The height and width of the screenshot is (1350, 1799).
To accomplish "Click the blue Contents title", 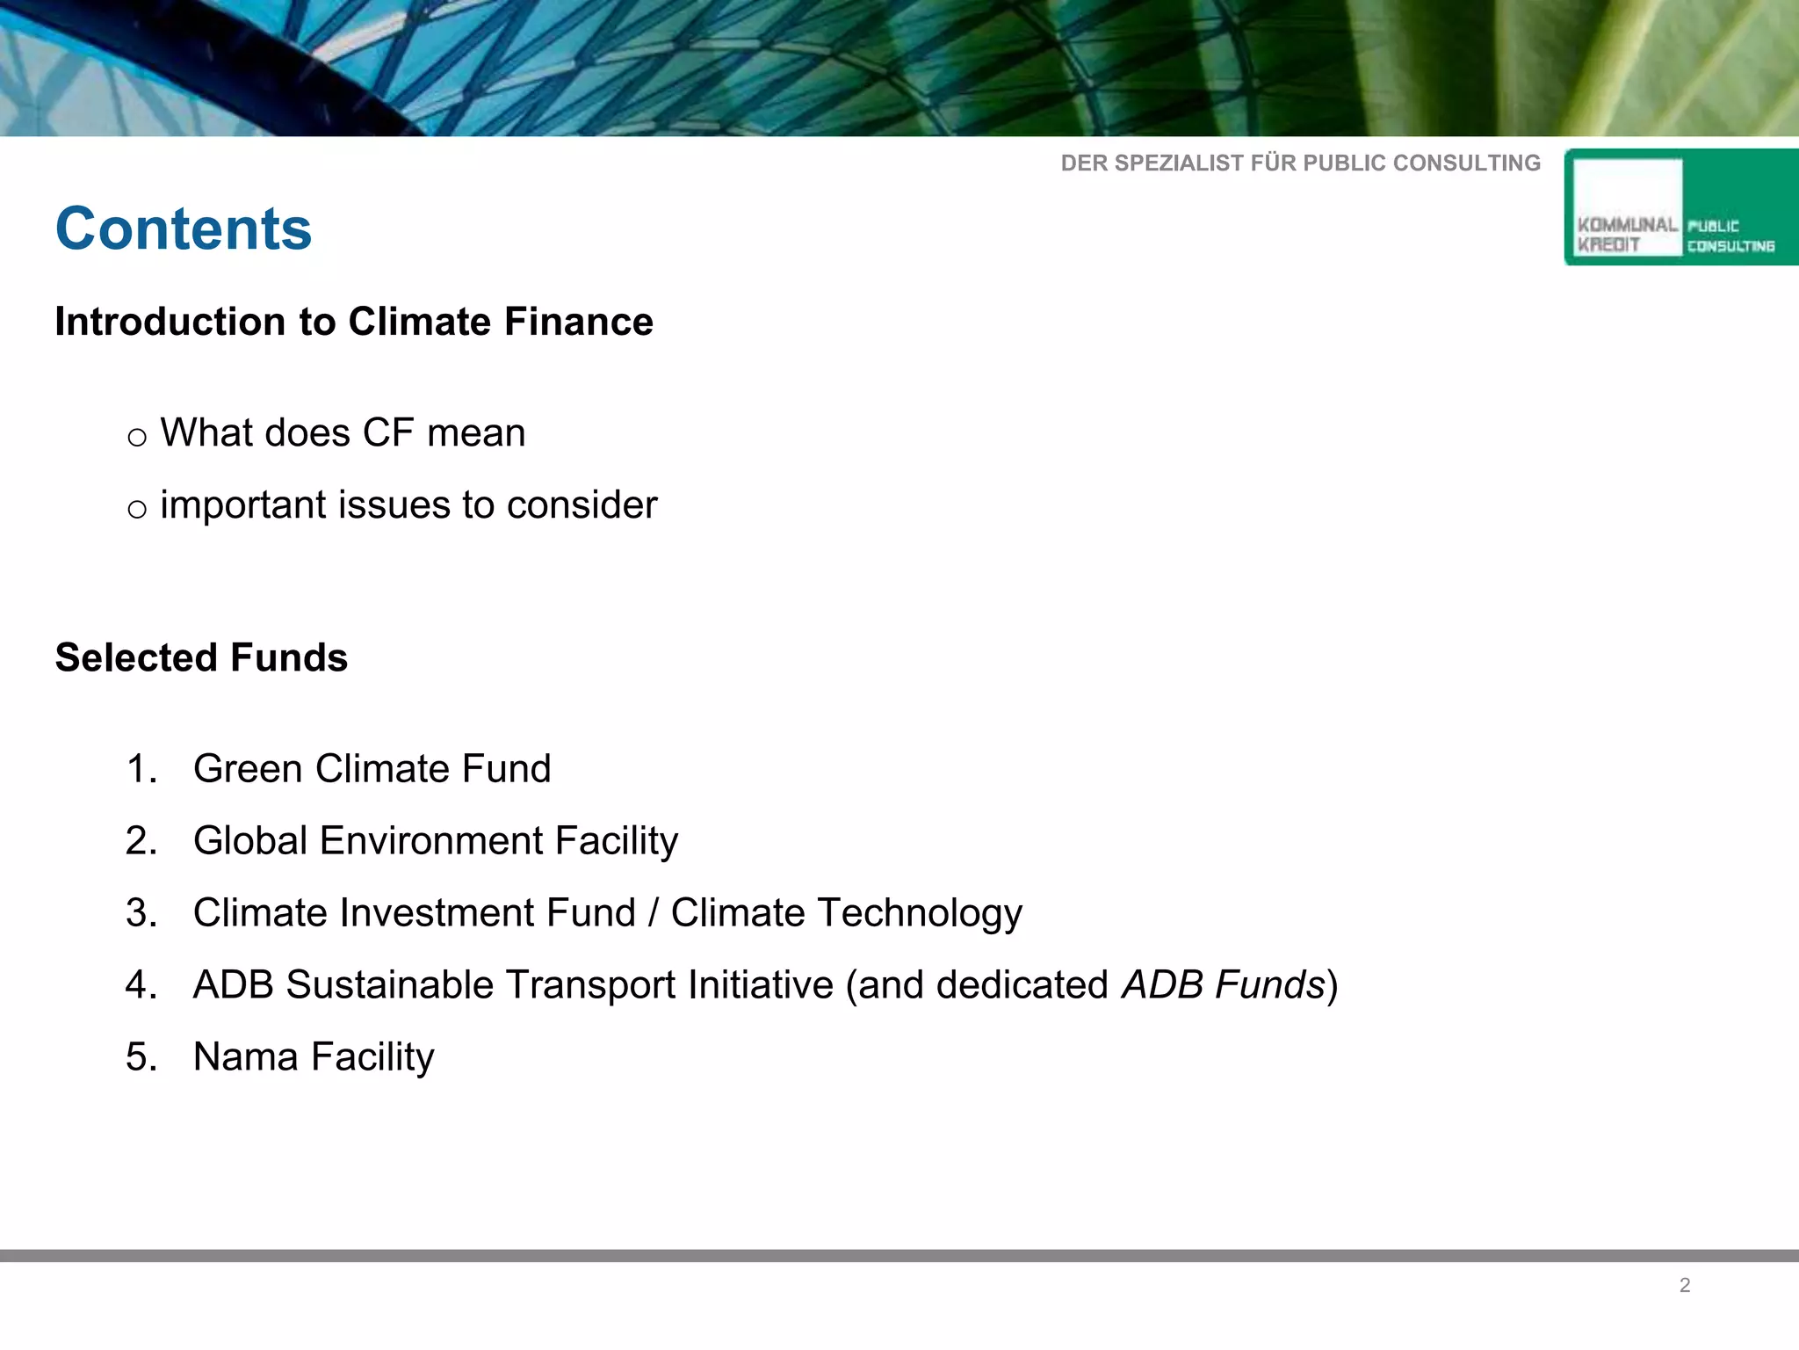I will (184, 229).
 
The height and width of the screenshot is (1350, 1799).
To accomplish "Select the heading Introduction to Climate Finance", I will (354, 322).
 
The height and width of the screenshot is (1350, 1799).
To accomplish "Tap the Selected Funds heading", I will (201, 657).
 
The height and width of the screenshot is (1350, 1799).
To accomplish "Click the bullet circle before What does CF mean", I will (137, 438).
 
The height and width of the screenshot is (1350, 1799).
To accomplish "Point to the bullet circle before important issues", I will (137, 510).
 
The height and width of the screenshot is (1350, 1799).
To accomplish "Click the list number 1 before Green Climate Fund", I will (141, 769).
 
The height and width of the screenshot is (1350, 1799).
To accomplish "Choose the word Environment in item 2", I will (430, 841).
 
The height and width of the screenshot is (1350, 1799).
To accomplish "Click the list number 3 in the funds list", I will (141, 913).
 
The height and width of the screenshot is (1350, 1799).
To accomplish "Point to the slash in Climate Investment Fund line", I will (653, 913).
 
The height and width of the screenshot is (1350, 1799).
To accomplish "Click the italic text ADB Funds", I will (1223, 985).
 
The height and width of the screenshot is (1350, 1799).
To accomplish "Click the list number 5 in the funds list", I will (141, 1057).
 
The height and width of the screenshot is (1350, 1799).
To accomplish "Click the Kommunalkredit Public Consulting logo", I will (1680, 207).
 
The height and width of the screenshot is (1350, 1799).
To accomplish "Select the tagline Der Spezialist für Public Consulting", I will (1300, 163).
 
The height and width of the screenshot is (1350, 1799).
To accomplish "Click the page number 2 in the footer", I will (1685, 1286).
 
